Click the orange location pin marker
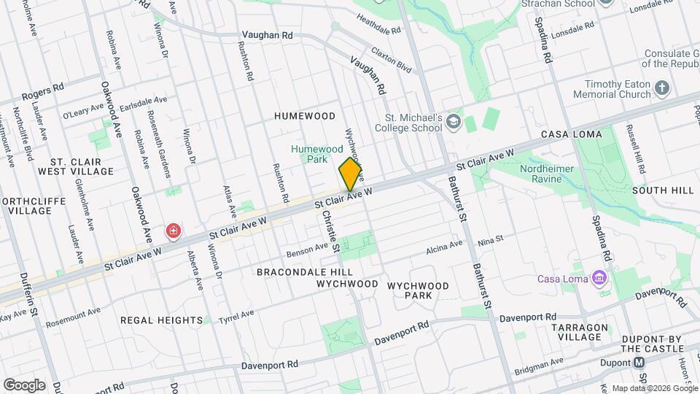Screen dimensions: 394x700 351,173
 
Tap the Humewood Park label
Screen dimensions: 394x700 316,153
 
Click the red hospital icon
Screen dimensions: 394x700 174,231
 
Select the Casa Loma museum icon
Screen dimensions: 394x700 599,278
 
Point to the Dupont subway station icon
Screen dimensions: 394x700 639,363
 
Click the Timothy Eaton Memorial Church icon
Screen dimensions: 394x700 661,89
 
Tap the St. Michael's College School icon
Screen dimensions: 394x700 455,120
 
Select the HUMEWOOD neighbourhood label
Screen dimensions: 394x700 305,116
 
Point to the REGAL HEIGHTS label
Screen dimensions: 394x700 161,320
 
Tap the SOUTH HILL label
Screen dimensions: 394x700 663,190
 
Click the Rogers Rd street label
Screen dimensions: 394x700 42,91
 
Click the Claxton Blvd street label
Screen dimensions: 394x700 391,58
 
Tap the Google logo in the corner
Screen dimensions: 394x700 24,385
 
